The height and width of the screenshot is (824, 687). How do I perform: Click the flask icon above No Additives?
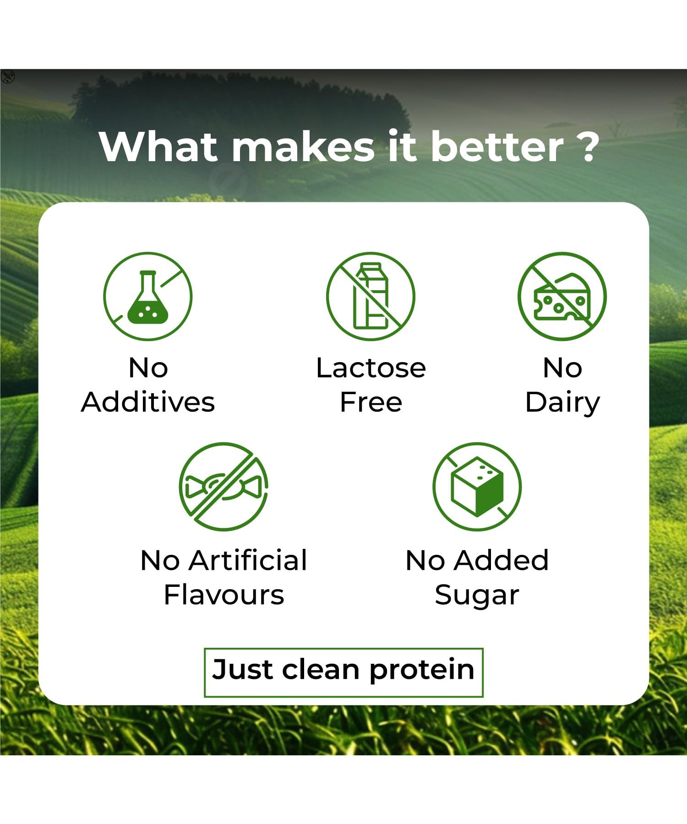[x=148, y=297]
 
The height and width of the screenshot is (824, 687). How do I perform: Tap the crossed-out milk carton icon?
[x=371, y=297]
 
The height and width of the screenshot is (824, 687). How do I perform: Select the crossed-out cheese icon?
[x=562, y=297]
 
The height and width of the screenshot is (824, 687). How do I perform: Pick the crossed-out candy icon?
[x=224, y=487]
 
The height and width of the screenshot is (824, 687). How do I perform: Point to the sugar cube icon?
[x=477, y=487]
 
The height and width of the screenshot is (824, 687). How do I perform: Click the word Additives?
[x=148, y=402]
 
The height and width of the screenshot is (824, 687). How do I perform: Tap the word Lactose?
[x=371, y=368]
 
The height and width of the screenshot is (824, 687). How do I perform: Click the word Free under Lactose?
[x=371, y=402]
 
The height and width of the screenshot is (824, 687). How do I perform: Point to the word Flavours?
[x=224, y=595]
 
